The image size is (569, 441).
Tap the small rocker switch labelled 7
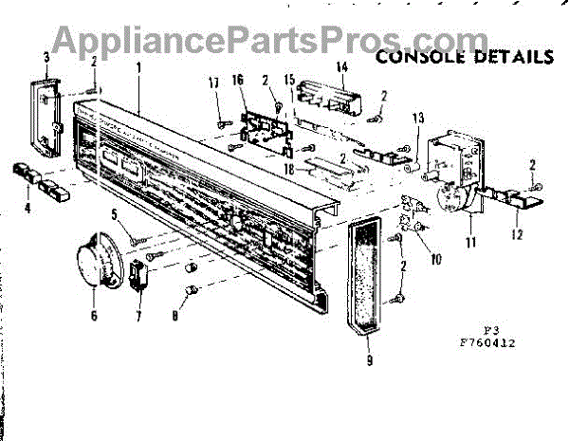[139, 274]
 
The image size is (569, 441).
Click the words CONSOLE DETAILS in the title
[464, 56]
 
